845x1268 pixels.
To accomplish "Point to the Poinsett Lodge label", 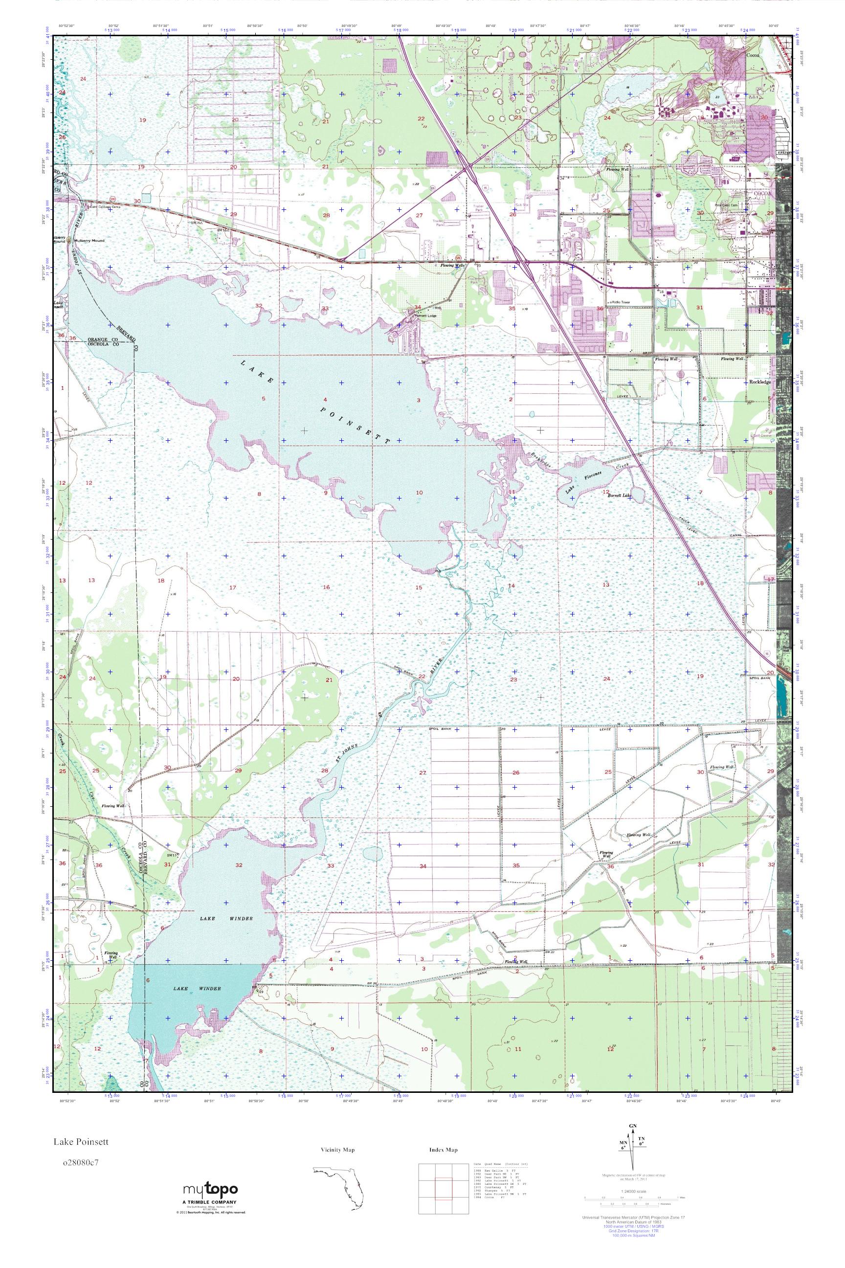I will point(424,317).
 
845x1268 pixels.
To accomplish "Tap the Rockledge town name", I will point(760,382).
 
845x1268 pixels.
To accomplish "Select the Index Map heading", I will point(443,1150).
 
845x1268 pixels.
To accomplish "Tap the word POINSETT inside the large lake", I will point(354,426).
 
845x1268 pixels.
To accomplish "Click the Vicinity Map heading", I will point(338,1150).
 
